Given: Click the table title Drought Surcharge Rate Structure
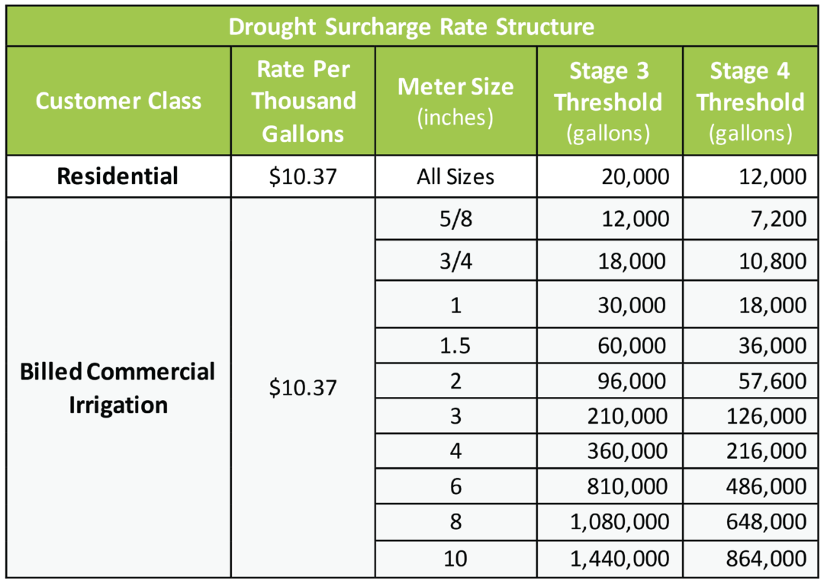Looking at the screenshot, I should coord(411,27).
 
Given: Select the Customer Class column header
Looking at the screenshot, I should coord(118,102).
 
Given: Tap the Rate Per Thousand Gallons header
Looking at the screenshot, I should coord(303,102).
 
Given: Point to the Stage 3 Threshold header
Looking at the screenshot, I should coord(609,102).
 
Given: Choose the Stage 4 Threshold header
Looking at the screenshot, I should coord(751,102).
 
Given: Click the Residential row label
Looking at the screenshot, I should coord(118,176).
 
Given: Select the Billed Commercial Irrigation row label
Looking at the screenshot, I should coord(118,388).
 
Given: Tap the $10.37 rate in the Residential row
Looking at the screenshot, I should coord(303,177).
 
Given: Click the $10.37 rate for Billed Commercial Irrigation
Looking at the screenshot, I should coord(303,388).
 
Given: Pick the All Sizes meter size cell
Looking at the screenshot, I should coord(455,177).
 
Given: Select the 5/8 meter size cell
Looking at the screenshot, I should coord(455,220).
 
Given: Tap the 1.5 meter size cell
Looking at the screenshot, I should coord(455,346).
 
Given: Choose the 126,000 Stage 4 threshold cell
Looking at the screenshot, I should coord(767,416).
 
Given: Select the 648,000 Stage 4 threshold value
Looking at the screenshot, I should coord(767,522).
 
